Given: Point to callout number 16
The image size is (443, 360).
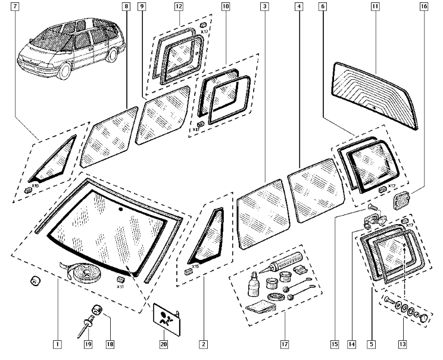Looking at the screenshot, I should [x=423, y=7].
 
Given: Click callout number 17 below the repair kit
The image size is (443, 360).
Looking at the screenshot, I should [x=285, y=344].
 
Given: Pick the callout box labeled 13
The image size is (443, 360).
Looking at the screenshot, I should [x=403, y=344].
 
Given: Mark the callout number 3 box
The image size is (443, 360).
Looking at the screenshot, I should [x=264, y=7].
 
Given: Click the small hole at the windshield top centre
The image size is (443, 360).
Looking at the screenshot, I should [x=120, y=210].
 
